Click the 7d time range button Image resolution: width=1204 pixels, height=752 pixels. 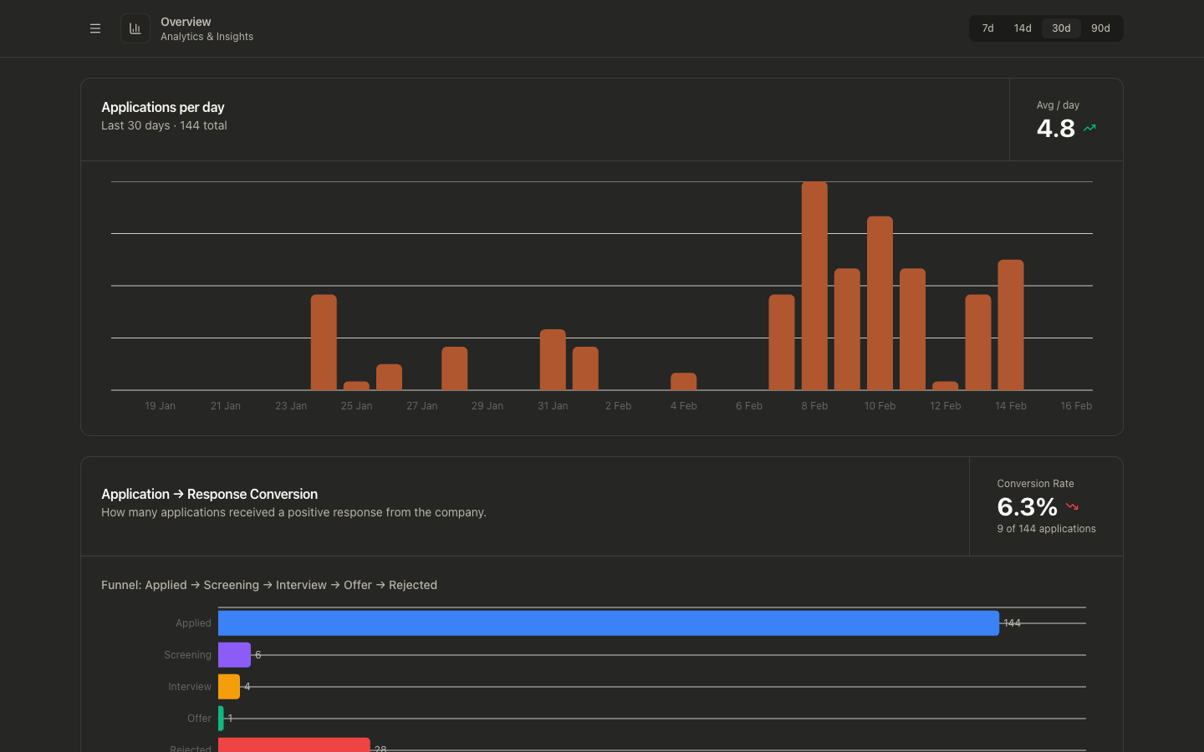[987, 28]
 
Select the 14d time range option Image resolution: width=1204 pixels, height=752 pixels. [1023, 28]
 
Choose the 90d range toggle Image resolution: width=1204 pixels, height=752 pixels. [1100, 28]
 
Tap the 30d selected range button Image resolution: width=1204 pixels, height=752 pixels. [1061, 28]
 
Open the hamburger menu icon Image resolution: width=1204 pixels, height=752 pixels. [95, 28]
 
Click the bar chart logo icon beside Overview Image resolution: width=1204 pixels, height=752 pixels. [135, 28]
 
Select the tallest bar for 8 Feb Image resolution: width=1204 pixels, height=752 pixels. [814, 286]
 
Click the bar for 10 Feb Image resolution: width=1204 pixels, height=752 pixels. [880, 303]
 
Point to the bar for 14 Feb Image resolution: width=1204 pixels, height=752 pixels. [1011, 325]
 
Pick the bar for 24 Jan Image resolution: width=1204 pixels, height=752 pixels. [324, 343]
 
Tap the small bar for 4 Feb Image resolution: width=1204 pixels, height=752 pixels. [684, 382]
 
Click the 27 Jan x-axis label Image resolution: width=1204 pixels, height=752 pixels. [422, 406]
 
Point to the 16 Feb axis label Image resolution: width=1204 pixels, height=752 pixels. [1076, 406]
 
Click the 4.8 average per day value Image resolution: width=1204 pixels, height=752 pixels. [1055, 129]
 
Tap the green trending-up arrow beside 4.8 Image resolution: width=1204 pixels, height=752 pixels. [1089, 128]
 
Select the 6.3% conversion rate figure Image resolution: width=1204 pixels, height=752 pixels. [1027, 506]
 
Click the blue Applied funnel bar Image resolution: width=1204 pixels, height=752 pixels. [609, 623]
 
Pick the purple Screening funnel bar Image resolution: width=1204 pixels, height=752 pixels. [234, 655]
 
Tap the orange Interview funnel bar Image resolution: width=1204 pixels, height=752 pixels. [229, 687]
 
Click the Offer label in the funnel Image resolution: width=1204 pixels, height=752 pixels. [199, 719]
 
